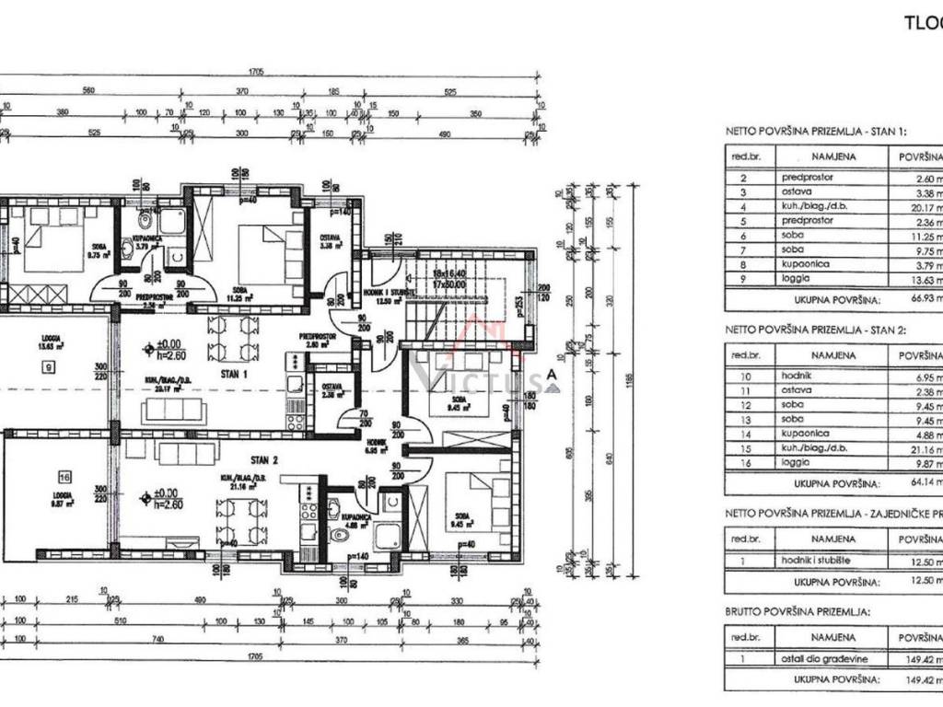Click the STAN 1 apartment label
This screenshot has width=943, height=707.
(x=232, y=375)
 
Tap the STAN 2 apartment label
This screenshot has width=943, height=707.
(x=263, y=458)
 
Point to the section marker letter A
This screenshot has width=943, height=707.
(x=551, y=375)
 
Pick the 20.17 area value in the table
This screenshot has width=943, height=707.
(x=921, y=207)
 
